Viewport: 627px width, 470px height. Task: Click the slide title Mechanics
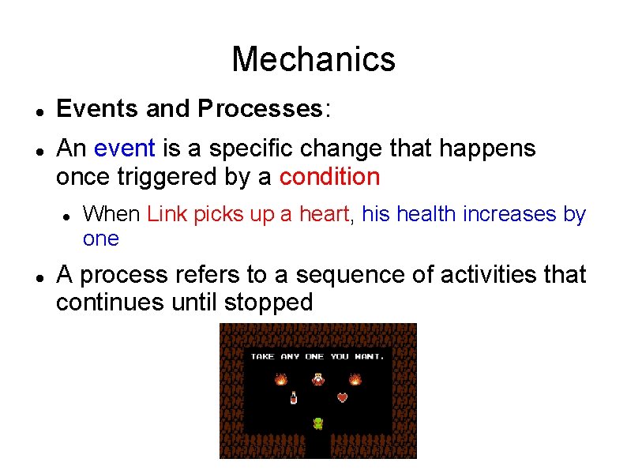coord(313,59)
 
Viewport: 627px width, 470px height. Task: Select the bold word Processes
coord(260,108)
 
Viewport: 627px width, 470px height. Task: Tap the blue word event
coord(124,148)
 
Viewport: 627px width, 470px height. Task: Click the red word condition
coord(329,176)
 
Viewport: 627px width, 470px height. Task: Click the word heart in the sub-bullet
coord(329,214)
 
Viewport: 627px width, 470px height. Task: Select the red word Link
coord(166,214)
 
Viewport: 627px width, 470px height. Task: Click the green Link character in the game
coord(317,423)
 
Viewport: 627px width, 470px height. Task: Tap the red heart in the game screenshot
coord(342,397)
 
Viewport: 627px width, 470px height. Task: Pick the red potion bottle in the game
coord(294,397)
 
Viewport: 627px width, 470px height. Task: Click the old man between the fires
coord(317,379)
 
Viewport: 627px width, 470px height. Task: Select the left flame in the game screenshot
coord(280,379)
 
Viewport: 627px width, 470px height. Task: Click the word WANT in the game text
coord(369,356)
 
